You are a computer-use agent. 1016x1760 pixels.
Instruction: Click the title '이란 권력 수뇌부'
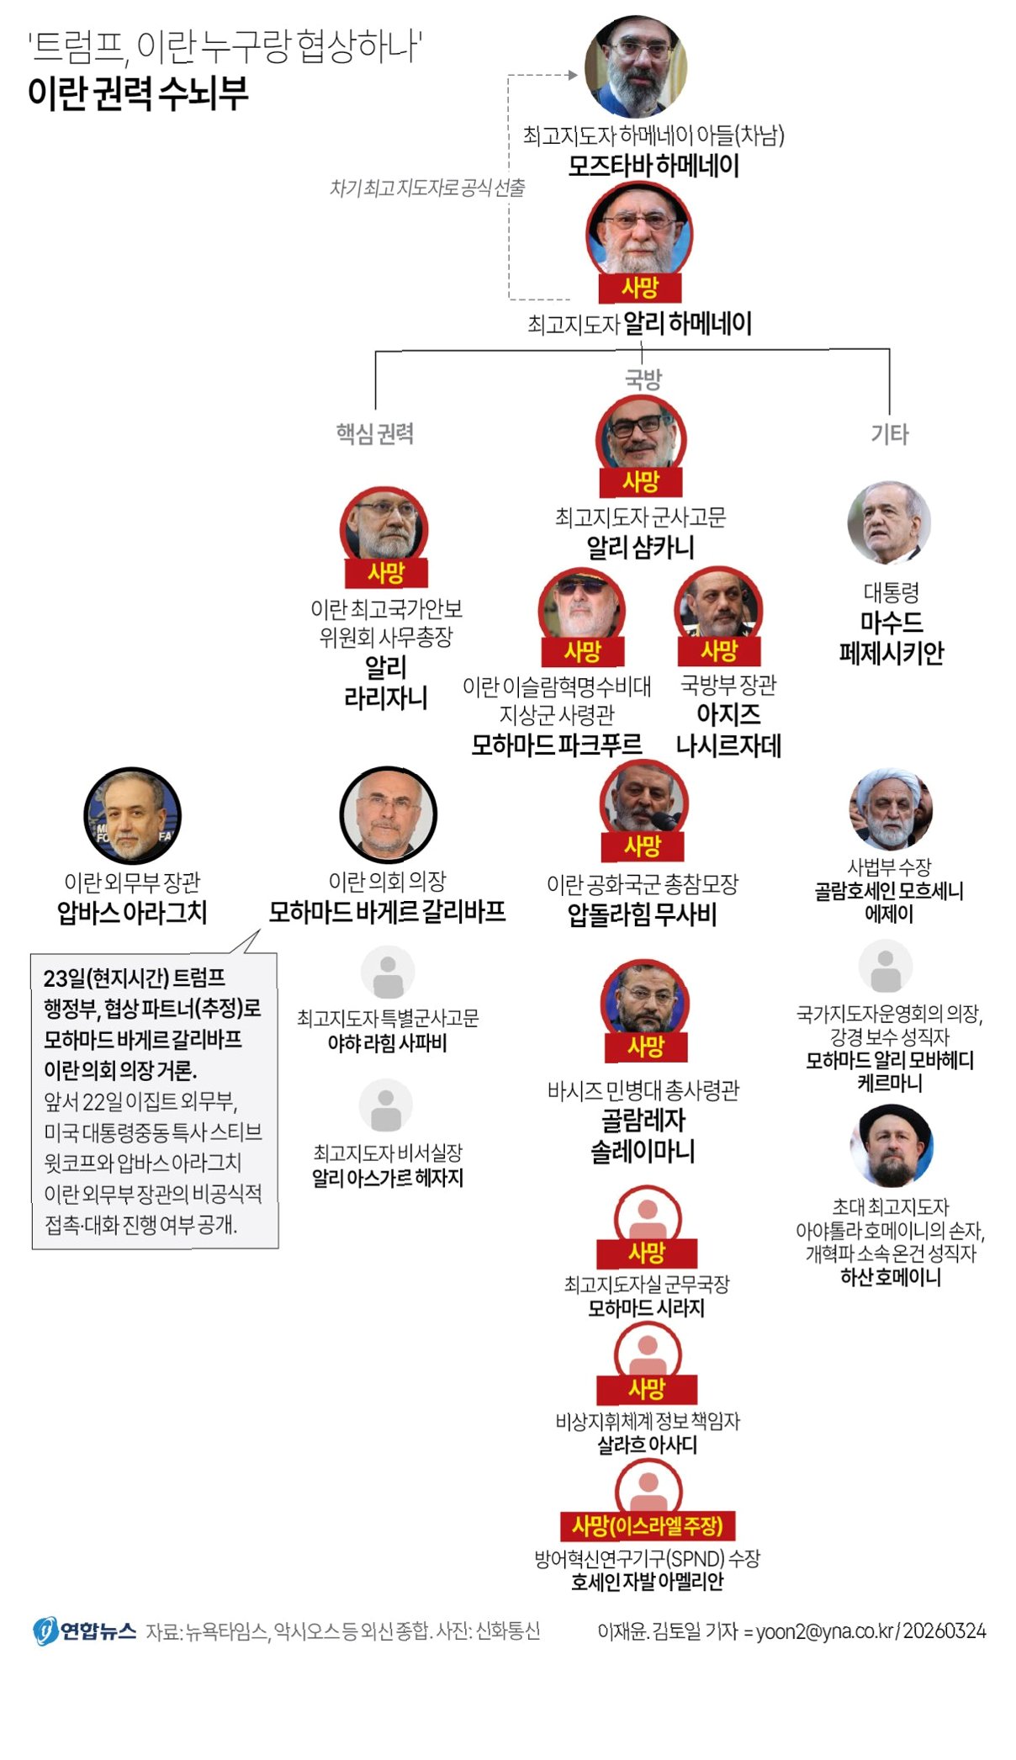pos(138,93)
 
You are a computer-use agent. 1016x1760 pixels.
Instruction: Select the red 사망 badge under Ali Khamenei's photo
pos(639,289)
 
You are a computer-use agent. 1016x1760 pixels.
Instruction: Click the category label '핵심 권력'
pos(375,433)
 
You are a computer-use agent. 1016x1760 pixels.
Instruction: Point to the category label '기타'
pos(890,434)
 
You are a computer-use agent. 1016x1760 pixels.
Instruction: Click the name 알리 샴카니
pos(640,548)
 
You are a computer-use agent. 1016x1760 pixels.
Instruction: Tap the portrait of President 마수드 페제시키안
pos(889,523)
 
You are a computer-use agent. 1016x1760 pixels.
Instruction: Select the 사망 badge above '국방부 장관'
pos(719,650)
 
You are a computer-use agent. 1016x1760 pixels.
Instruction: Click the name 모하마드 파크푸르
pos(557,745)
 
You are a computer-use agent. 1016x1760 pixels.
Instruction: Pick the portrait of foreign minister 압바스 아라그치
pos(132,815)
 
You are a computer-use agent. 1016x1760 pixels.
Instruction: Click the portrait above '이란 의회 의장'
pos(388,815)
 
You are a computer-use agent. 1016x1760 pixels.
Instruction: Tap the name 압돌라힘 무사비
pos(642,914)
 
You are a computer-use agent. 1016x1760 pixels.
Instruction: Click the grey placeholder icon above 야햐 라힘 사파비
pos(388,973)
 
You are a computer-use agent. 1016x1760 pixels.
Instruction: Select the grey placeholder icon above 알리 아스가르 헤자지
pos(386,1105)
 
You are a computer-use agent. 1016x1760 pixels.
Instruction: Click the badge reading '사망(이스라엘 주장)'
pos(647,1525)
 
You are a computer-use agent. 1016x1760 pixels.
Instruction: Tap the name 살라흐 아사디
pos(647,1445)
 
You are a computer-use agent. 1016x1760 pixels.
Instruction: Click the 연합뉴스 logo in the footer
pos(85,1631)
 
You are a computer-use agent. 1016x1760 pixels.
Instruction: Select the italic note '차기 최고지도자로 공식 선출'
pos(427,188)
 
